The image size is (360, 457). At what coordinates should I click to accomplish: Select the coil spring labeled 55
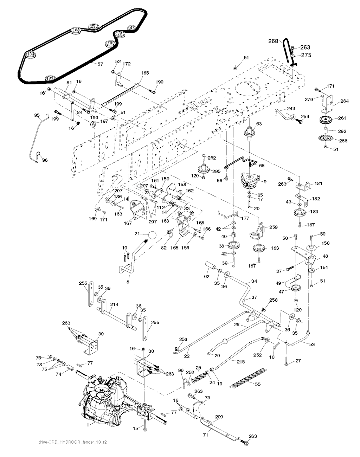[x=249, y=378]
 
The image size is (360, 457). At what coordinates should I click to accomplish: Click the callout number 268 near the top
[x=273, y=41]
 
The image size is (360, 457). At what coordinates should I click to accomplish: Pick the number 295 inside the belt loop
[x=94, y=26]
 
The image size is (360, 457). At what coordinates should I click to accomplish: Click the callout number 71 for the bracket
[x=205, y=435]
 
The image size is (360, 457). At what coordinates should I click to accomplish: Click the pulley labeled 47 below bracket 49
[x=294, y=288]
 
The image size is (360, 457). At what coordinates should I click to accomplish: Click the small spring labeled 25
[x=199, y=377]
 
